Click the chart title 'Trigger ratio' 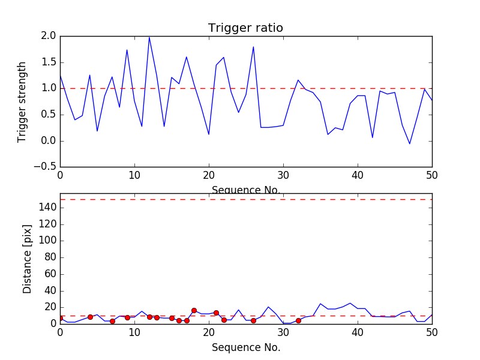245,28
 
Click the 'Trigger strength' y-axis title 22,101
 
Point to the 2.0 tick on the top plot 49,36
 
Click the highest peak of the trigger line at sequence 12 149,37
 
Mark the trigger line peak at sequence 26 253,47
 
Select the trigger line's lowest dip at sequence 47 410,143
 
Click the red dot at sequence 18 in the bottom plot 194,310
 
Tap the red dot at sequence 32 298,320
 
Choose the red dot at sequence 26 253,320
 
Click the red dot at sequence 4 90,317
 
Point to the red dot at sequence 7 112,321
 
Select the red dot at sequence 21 216,313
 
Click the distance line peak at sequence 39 350,303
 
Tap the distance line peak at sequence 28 268,307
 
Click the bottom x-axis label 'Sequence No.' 246,347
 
